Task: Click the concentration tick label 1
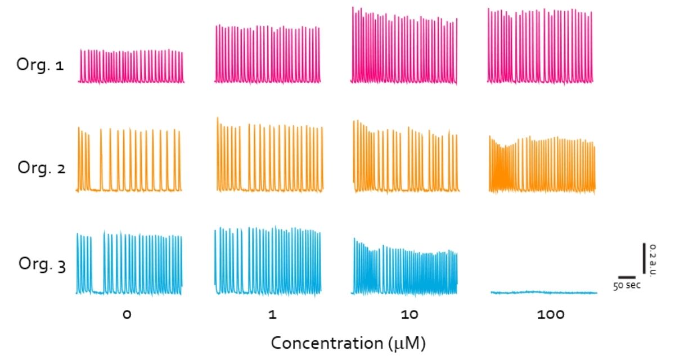(x=272, y=315)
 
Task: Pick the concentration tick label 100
(x=550, y=315)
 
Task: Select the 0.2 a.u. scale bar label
(x=652, y=259)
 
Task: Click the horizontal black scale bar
(x=626, y=277)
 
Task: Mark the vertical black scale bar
(x=645, y=258)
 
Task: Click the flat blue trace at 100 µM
(x=543, y=292)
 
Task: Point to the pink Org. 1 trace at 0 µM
(x=131, y=67)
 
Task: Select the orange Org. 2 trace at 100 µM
(x=542, y=166)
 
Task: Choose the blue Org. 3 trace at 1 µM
(x=268, y=262)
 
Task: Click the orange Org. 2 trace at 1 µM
(x=270, y=157)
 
